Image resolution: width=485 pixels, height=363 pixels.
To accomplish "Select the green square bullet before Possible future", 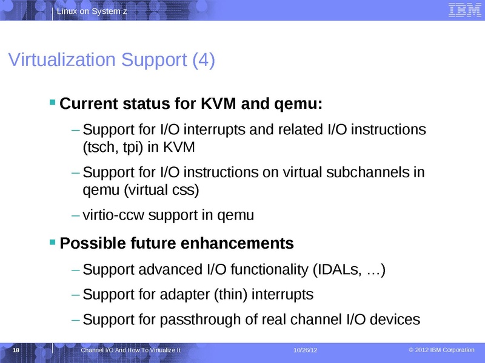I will click(x=53, y=242).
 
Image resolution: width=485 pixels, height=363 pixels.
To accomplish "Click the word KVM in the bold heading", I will click(x=219, y=105).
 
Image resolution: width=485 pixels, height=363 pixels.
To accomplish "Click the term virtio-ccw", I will click(x=113, y=215).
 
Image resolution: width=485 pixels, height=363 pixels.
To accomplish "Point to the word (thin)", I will click(x=227, y=295).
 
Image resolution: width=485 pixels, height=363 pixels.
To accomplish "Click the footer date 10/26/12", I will click(x=306, y=352).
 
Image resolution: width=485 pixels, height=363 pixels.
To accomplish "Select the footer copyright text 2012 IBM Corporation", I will click(x=446, y=351).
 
